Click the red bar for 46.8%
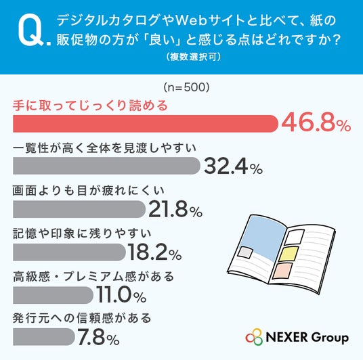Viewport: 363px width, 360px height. coord(146,124)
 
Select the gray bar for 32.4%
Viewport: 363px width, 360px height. coord(106,166)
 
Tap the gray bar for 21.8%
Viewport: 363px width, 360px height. coord(79,209)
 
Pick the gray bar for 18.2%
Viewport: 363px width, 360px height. coord(70,252)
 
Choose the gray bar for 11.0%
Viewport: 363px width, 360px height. coord(53,295)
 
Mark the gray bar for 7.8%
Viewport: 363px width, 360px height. coord(44,336)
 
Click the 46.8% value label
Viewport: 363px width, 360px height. coord(316,124)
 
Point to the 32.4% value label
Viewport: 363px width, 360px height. coord(234,166)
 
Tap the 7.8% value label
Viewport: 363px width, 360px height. coord(98,337)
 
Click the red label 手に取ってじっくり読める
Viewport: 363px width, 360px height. coord(90,106)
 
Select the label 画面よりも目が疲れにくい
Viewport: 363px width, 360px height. coord(89,191)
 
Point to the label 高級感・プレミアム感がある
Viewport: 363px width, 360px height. coord(93,276)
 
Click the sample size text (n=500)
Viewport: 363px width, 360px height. coord(186,87)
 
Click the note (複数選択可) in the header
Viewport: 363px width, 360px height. coord(193,57)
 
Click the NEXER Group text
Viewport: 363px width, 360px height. coord(307,337)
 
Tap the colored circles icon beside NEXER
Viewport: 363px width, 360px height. coord(254,337)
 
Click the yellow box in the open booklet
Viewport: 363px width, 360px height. coord(289,254)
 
